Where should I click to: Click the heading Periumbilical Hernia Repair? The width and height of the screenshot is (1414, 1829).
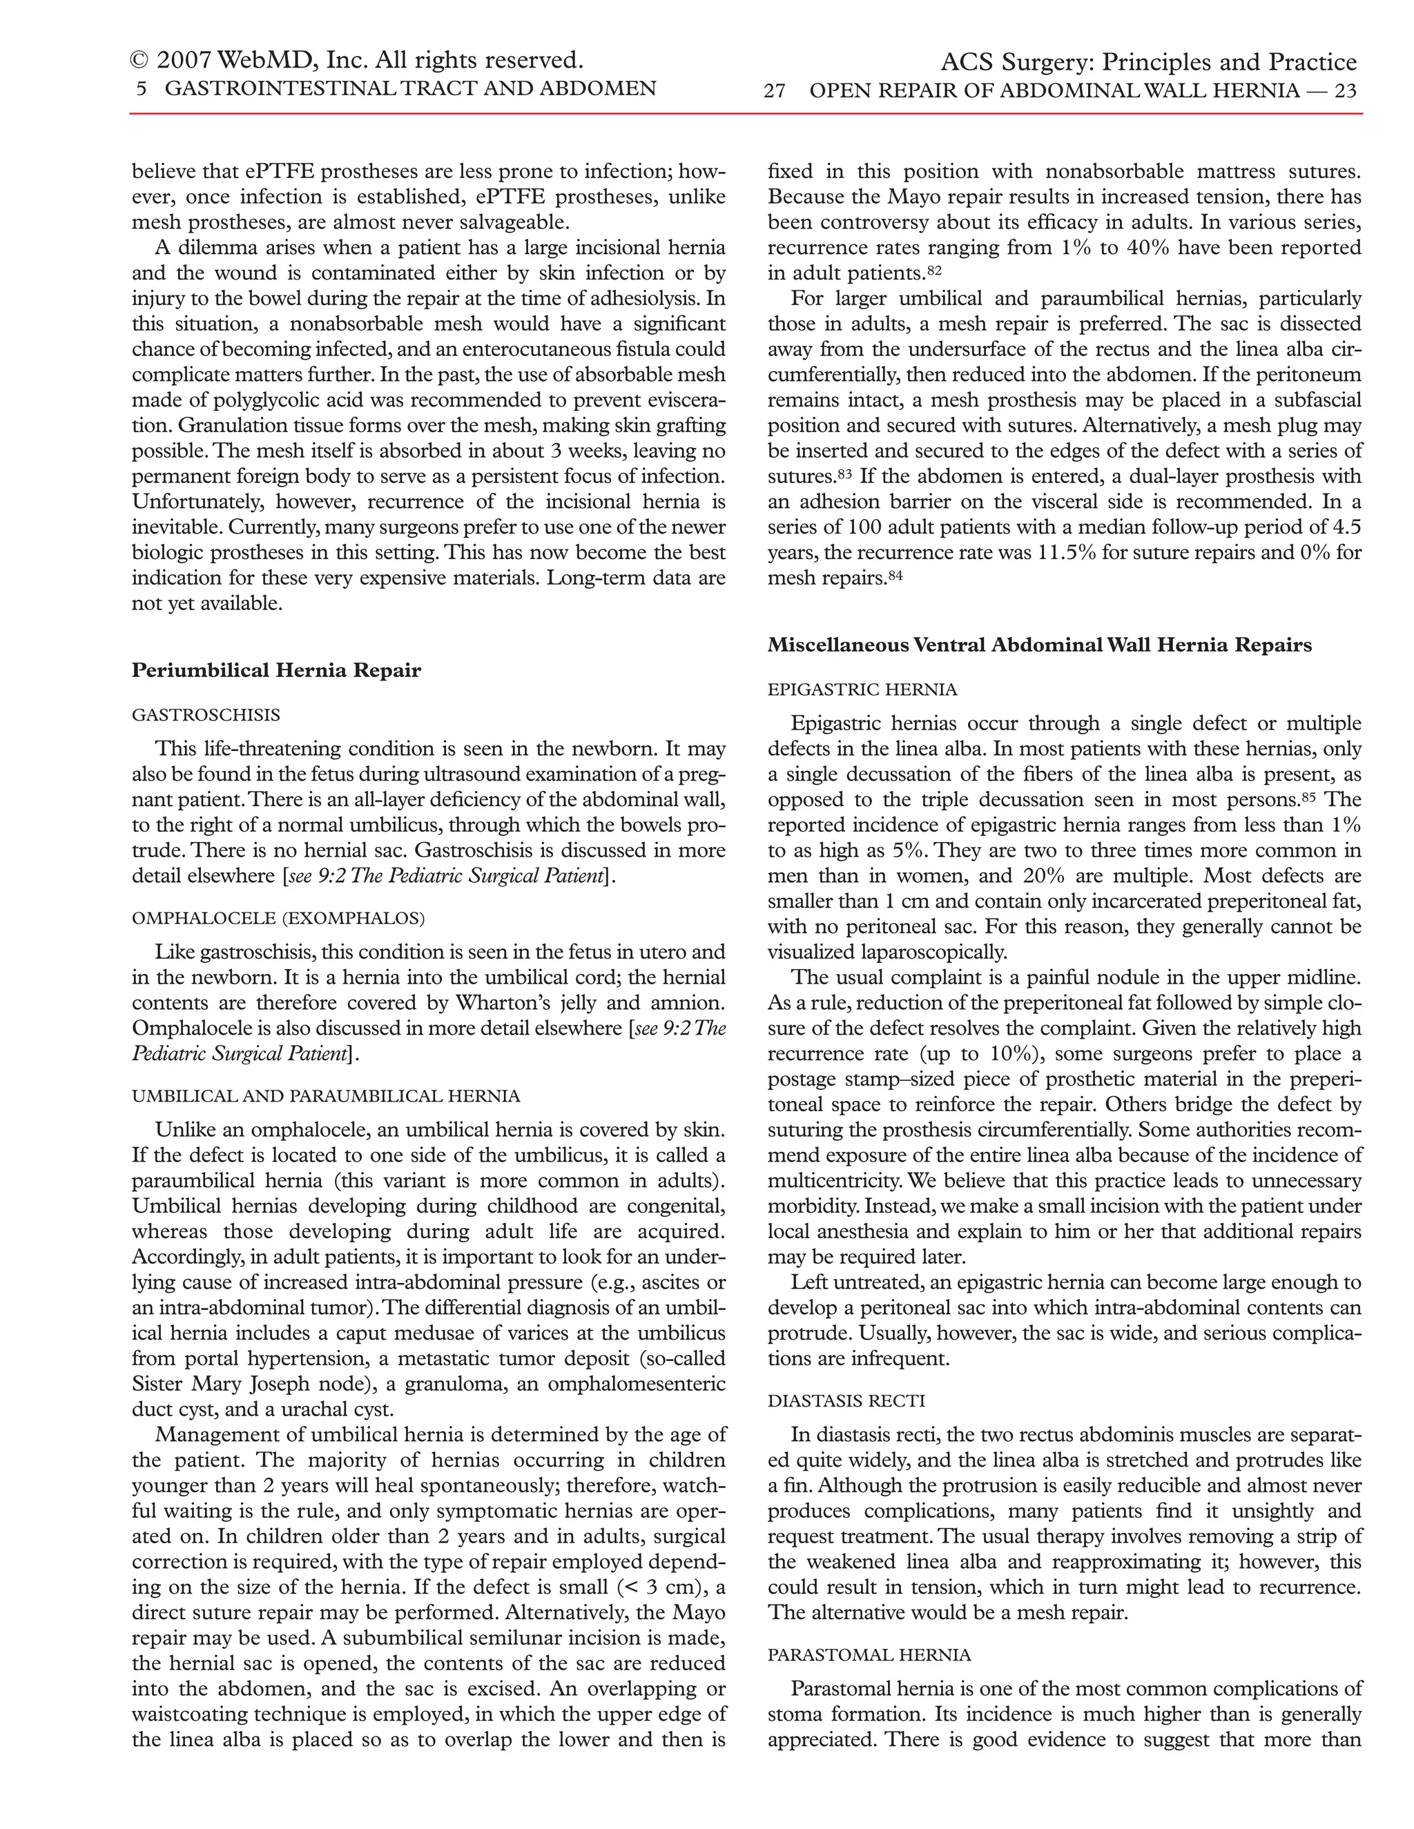point(276,671)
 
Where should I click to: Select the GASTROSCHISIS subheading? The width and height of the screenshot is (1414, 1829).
point(206,715)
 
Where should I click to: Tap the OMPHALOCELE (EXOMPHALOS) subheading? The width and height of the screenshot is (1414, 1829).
point(278,918)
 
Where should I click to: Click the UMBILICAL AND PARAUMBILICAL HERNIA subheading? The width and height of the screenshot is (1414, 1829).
point(326,1096)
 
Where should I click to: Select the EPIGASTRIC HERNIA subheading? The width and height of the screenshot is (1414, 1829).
point(862,690)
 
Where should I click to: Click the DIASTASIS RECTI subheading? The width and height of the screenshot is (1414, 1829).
point(846,1401)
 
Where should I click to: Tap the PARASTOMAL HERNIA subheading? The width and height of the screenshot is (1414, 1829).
point(869,1655)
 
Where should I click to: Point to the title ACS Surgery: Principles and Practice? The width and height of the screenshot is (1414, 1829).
point(1148,63)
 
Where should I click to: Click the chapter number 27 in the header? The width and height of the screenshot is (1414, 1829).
point(774,91)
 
